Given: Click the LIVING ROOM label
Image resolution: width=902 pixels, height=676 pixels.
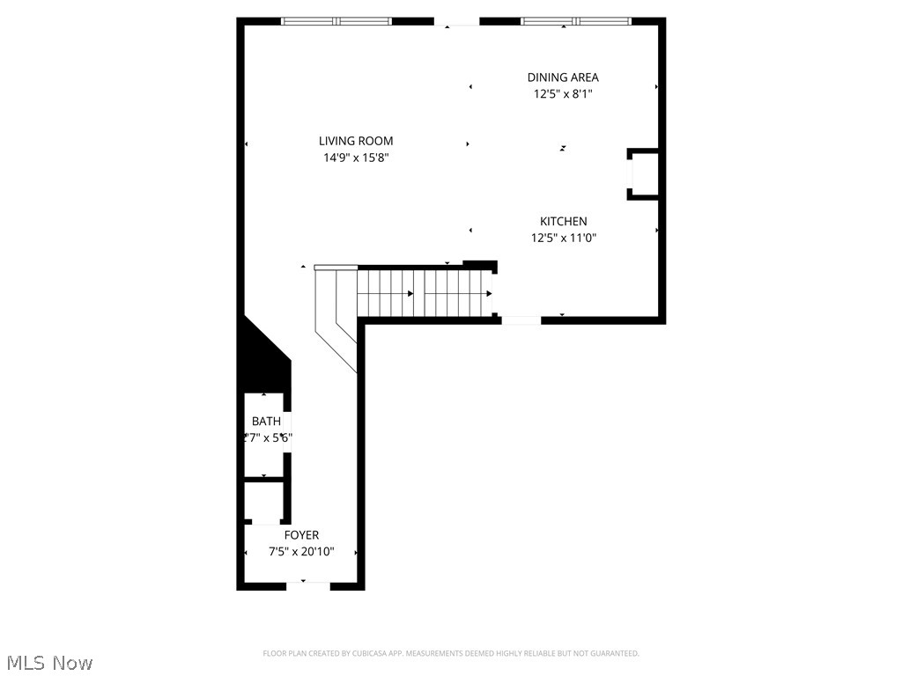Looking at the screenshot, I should [x=356, y=141].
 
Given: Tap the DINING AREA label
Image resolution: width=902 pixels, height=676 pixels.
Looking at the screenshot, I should [x=563, y=77].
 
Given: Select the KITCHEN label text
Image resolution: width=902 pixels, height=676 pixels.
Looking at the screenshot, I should [x=564, y=222].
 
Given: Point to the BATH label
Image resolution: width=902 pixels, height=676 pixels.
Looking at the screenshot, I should [x=266, y=422].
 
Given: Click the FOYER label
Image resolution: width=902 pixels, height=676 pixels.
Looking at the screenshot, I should [x=301, y=535].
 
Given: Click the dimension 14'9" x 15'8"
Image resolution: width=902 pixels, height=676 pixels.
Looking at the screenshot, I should [x=356, y=158].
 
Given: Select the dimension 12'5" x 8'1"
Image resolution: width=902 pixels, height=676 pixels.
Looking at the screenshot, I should [x=563, y=94].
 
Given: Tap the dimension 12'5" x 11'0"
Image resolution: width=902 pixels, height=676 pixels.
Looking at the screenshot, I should [x=564, y=238].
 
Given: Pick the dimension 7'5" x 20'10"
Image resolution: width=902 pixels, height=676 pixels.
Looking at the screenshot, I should [x=301, y=552].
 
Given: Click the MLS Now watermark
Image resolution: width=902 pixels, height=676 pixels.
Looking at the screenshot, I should [x=48, y=662].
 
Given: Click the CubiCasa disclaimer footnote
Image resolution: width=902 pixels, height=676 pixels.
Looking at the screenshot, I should [x=451, y=653].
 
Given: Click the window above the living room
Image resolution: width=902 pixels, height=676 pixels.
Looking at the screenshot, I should [x=336, y=21].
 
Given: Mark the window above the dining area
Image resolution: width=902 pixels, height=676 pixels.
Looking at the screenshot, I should [x=576, y=21].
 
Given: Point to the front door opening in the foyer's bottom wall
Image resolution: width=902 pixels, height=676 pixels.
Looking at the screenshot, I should [x=307, y=584].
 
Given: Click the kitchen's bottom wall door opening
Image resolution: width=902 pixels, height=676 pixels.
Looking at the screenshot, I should [x=521, y=320].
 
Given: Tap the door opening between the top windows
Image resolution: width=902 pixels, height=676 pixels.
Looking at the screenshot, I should [x=456, y=21].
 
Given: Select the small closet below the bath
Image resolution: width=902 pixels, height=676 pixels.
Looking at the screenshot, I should [x=262, y=503].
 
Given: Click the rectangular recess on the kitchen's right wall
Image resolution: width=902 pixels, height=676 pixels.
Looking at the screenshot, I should [x=643, y=174].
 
